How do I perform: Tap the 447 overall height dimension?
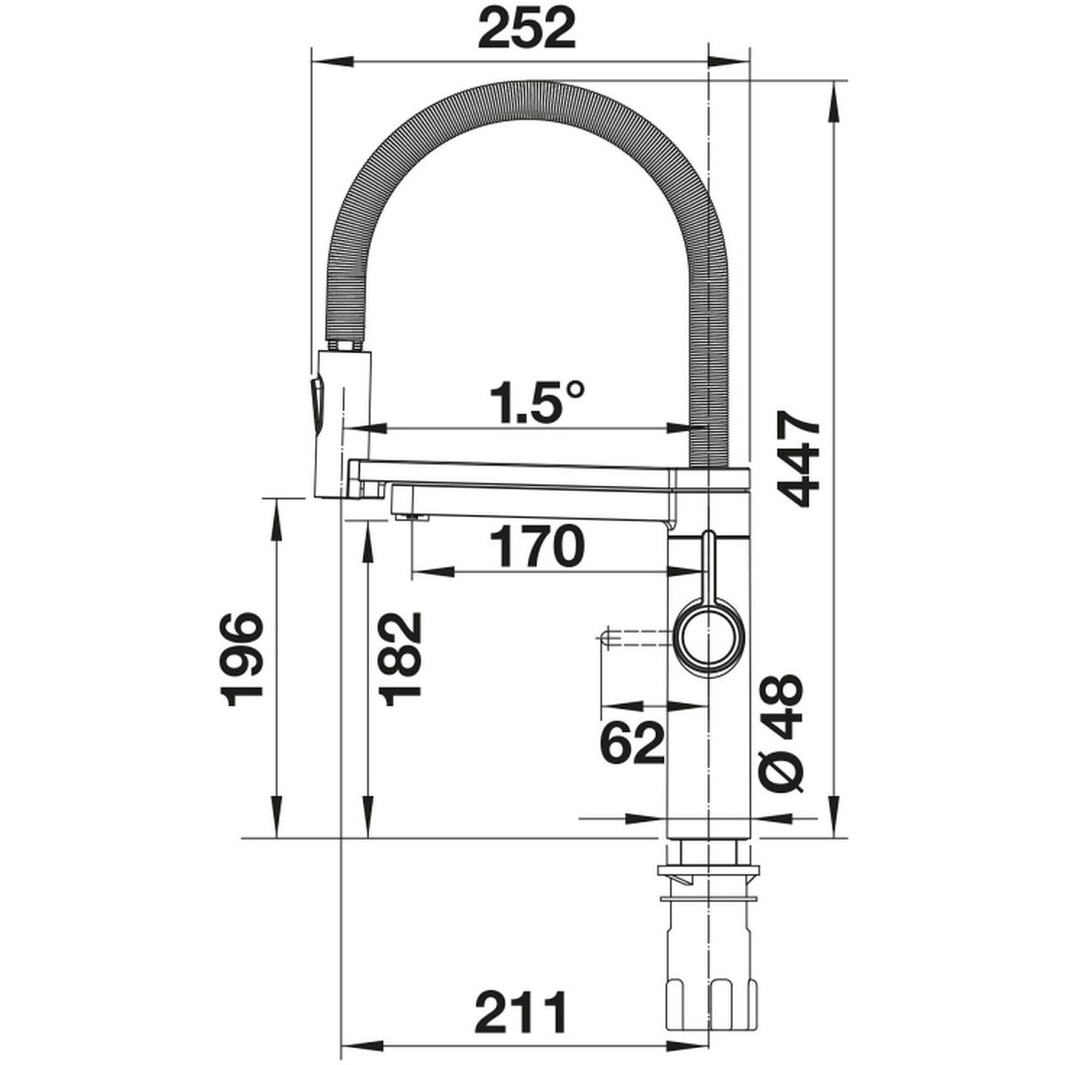point(798,458)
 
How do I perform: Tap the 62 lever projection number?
point(631,743)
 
